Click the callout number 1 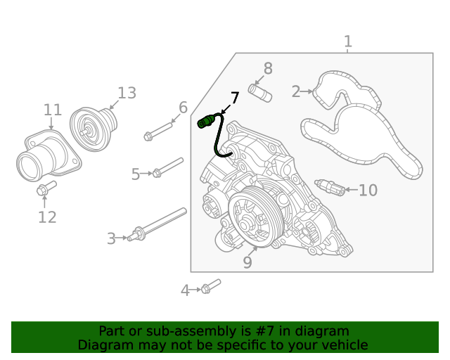348,42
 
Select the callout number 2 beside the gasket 296,91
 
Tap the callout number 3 111,239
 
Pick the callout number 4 185,290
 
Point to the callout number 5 136,174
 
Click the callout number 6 183,108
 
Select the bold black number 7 235,98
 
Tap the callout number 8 268,68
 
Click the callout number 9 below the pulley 247,262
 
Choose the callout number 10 368,191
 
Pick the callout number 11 53,110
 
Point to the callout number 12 47,217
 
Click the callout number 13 127,93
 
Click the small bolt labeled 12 46,188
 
